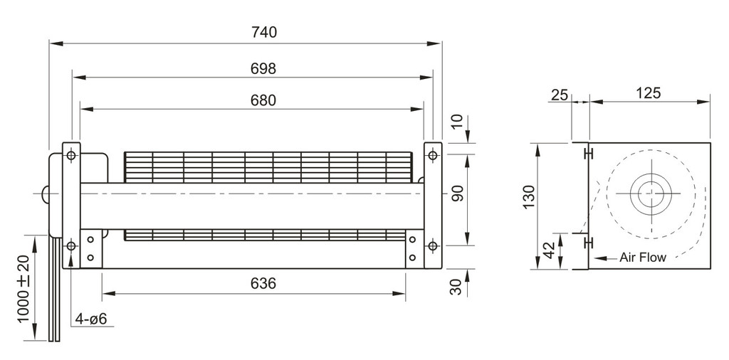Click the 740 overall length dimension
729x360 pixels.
[x=263, y=33]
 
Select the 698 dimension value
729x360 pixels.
[x=263, y=69]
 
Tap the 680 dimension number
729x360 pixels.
[x=263, y=100]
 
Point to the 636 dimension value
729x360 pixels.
[x=263, y=283]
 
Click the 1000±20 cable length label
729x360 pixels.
[x=23, y=288]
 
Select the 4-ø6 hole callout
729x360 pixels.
[x=91, y=319]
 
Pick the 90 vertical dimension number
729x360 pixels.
[x=458, y=194]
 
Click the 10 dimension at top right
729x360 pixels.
[x=458, y=122]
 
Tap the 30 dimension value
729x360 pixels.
[x=458, y=287]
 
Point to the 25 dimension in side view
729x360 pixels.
[x=560, y=95]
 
